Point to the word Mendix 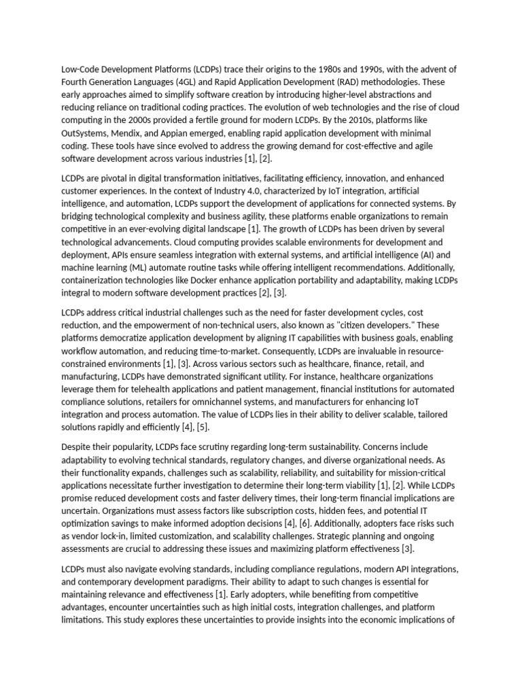coord(125,133)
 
